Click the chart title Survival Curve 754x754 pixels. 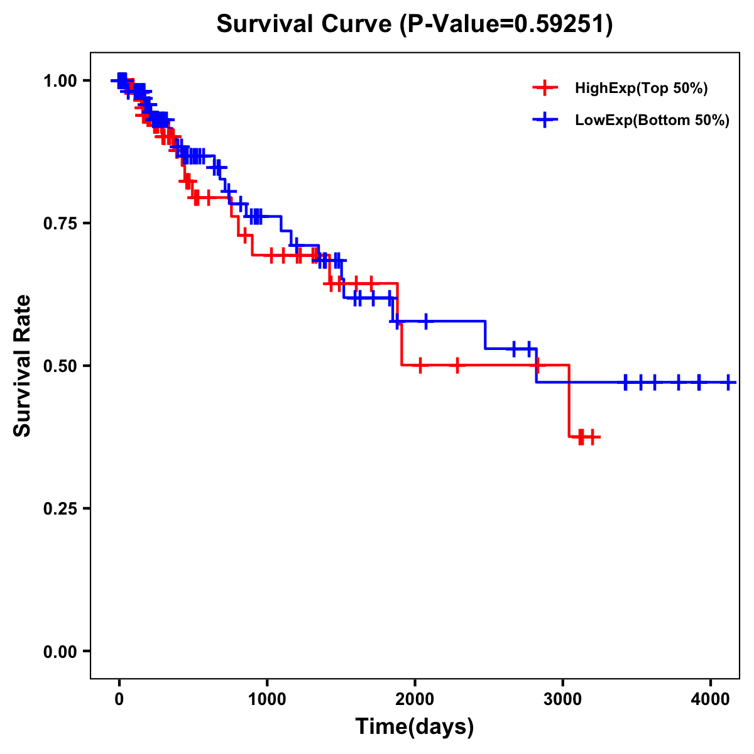pos(305,24)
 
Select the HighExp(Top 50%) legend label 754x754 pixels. pos(642,89)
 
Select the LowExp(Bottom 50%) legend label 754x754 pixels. pos(652,121)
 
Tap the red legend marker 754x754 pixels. pos(545,89)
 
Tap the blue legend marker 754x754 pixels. pos(545,121)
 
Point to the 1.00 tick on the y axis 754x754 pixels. pos(60,80)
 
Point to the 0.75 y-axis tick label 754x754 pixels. pos(60,223)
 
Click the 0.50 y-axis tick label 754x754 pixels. pos(60,366)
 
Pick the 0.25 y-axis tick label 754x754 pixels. pos(60,508)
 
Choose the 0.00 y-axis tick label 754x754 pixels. pos(60,651)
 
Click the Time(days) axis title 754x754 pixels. pos(415,727)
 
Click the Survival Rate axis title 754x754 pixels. pos(23,366)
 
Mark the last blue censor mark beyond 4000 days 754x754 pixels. pos(728,382)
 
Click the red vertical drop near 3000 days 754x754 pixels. pos(569,401)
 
